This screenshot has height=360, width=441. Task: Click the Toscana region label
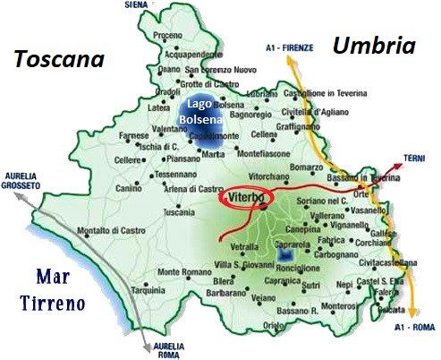[58, 60]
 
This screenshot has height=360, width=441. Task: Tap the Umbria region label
[374, 46]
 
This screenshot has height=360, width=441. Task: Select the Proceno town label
[168, 35]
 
